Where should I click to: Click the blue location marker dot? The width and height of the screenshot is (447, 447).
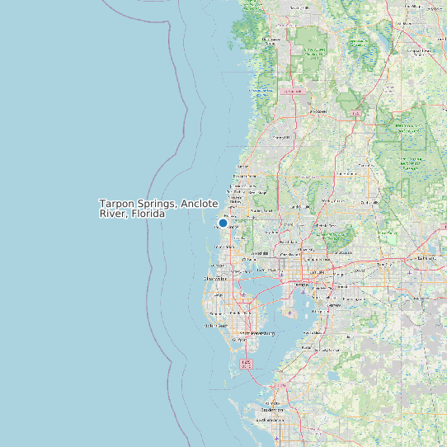click(223, 223)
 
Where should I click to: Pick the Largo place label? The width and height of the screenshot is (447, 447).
click(219, 294)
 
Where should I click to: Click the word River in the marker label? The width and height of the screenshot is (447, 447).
click(112, 214)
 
